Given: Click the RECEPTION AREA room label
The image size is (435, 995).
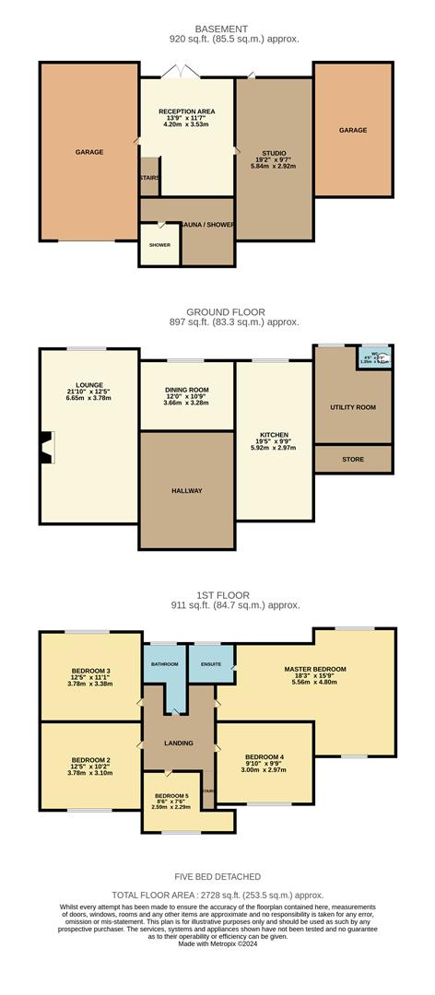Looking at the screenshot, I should (x=186, y=111).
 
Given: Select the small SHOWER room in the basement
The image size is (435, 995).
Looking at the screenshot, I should (x=159, y=245).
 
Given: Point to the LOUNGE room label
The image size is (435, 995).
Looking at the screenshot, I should (x=89, y=384).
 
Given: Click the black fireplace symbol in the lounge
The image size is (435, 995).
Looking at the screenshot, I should (x=45, y=451).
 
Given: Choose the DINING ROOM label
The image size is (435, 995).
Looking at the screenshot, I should (x=186, y=390).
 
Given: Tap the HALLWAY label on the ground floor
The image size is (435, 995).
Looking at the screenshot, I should (x=186, y=490).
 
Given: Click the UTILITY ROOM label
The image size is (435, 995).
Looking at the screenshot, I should (x=354, y=407).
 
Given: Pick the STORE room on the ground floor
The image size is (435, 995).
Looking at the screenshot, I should (x=353, y=459).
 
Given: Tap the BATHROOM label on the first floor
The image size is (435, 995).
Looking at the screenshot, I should (x=164, y=662).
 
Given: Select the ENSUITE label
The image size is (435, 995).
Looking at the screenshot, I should (x=211, y=662).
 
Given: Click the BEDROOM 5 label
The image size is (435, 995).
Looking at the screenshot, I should (x=171, y=795).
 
